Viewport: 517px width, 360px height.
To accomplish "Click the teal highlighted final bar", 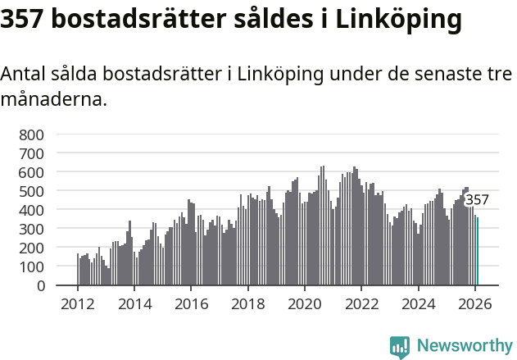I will click(x=478, y=252).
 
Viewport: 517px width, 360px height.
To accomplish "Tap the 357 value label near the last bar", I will click(x=477, y=199).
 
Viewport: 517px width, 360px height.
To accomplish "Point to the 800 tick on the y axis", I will click(x=33, y=134).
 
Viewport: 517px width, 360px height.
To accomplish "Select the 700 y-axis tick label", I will click(x=33, y=153).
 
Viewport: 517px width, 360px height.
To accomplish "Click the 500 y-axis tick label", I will click(x=33, y=191).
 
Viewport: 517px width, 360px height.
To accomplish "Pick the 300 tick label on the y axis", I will click(x=33, y=229).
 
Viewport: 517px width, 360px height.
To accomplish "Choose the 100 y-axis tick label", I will click(x=33, y=267).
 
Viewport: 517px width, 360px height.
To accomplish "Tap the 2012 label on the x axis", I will click(x=78, y=303).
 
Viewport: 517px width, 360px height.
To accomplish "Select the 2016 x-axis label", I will click(x=191, y=303).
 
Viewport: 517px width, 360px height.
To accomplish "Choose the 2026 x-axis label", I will click(x=475, y=303).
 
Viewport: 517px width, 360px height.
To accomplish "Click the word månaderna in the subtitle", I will click(x=53, y=101).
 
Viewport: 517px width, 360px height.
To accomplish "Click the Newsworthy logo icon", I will click(x=400, y=347).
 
